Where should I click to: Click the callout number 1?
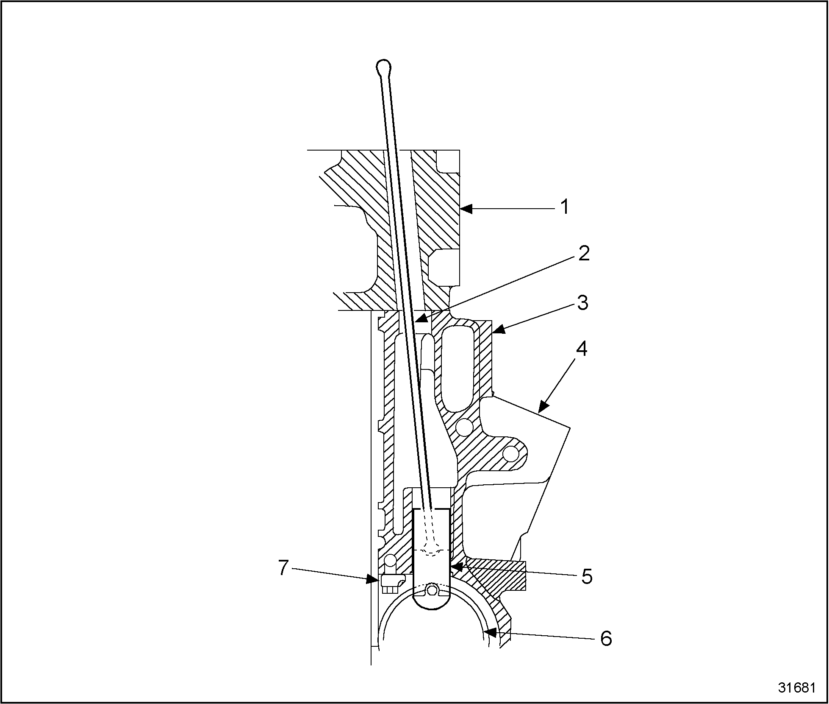pos(565,208)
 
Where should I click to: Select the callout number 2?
pos(584,254)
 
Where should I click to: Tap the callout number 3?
pos(583,303)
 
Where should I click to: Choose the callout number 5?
pos(586,577)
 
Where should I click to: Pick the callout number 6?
pos(606,638)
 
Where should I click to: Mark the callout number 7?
pos(283,568)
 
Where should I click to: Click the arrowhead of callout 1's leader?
pos(465,208)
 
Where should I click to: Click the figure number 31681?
pos(796,687)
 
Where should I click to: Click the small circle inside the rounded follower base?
pos(432,589)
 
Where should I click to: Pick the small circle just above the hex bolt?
pos(389,562)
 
